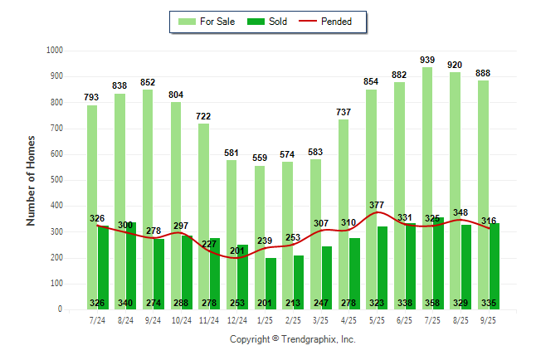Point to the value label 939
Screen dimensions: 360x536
click(x=428, y=59)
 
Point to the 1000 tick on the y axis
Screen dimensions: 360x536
click(x=54, y=51)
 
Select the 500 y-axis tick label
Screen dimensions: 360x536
click(x=56, y=180)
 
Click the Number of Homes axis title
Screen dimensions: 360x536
click(x=31, y=180)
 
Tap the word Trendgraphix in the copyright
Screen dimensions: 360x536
click(x=306, y=339)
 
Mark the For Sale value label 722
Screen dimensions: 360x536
click(x=204, y=116)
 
